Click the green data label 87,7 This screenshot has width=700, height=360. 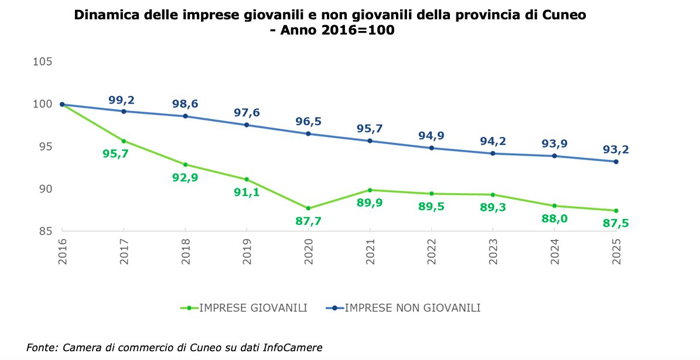pyautogui.click(x=308, y=221)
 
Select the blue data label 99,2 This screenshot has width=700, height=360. pyautogui.click(x=123, y=100)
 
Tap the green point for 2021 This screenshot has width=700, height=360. pyautogui.click(x=370, y=190)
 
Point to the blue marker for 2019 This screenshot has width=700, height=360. pyautogui.click(x=246, y=125)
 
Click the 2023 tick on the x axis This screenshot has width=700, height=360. pyautogui.click(x=493, y=252)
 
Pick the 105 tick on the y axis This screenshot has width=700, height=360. pyautogui.click(x=45, y=62)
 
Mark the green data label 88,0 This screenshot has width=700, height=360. pyautogui.click(x=554, y=219)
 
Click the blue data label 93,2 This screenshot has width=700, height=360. pyautogui.click(x=616, y=150)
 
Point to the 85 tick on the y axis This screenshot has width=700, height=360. pyautogui.click(x=46, y=231)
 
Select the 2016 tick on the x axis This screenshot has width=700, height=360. pyautogui.click(x=62, y=252)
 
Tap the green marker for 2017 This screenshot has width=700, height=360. pyautogui.click(x=124, y=141)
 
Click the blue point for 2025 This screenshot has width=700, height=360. pyautogui.click(x=616, y=162)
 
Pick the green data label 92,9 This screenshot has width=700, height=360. pyautogui.click(x=185, y=178)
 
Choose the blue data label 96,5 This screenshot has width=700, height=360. pyautogui.click(x=308, y=122)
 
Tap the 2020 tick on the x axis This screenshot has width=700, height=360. pyautogui.click(x=308, y=252)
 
